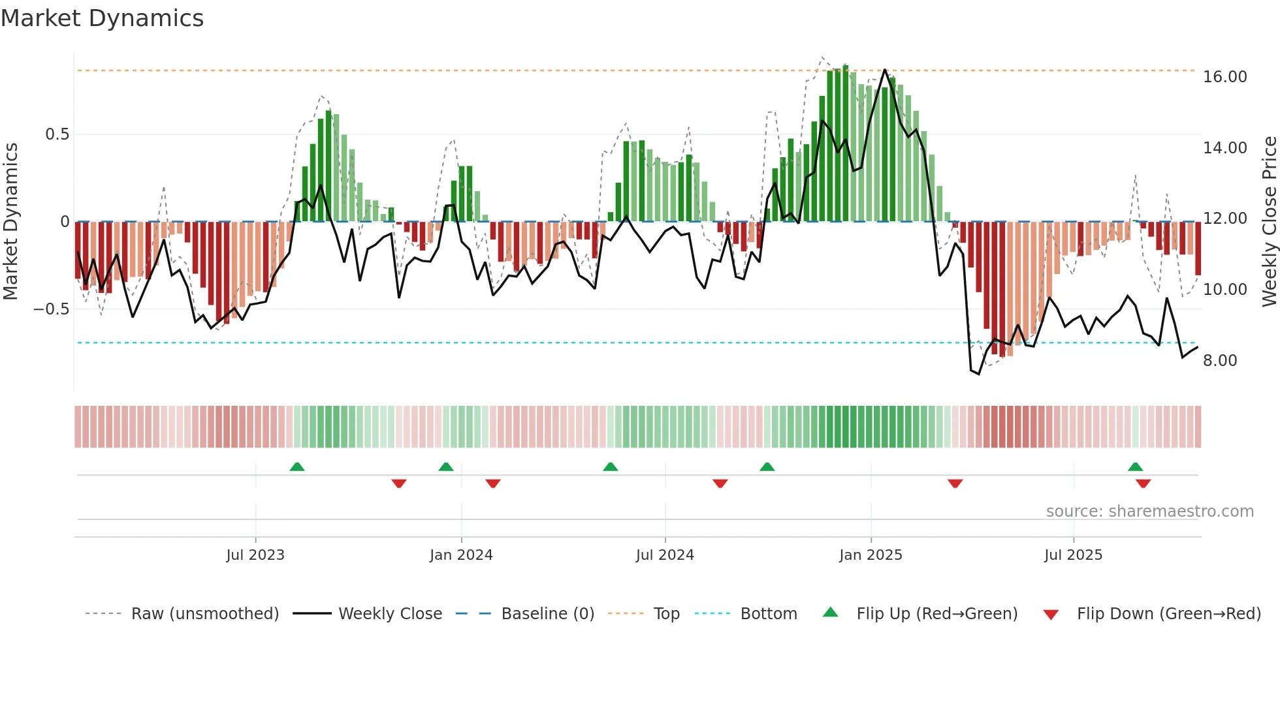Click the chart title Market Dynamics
pyautogui.click(x=102, y=18)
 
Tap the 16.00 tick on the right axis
pyautogui.click(x=1224, y=77)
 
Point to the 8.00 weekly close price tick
pyautogui.click(x=1219, y=361)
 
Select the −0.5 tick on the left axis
pyautogui.click(x=51, y=309)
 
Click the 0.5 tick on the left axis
pyautogui.click(x=57, y=134)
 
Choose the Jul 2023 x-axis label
pyautogui.click(x=255, y=555)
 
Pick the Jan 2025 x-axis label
pyautogui.click(x=871, y=555)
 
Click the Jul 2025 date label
pyautogui.click(x=1073, y=555)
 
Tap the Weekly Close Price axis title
pyautogui.click(x=1269, y=222)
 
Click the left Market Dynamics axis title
pyautogui.click(x=10, y=222)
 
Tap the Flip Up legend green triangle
pyautogui.click(x=830, y=612)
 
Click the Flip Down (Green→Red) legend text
pyautogui.click(x=1168, y=614)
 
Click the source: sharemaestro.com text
pyautogui.click(x=1149, y=512)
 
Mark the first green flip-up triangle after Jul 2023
pyautogui.click(x=297, y=467)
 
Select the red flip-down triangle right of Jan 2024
pyautogui.click(x=493, y=483)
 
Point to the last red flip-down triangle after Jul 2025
pyautogui.click(x=1143, y=483)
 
